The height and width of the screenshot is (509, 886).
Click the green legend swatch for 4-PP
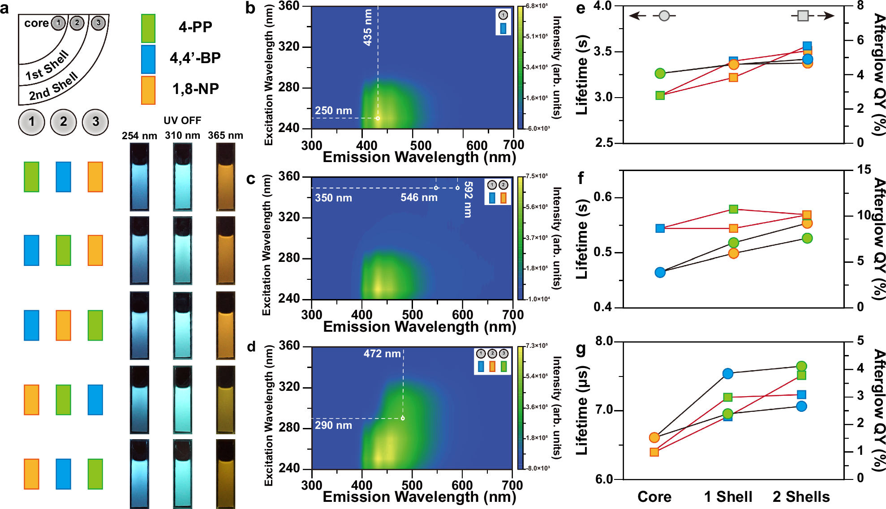pyautogui.click(x=148, y=28)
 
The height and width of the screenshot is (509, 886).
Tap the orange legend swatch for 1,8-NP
pyautogui.click(x=148, y=90)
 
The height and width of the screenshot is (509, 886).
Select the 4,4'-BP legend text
pyautogui.click(x=195, y=58)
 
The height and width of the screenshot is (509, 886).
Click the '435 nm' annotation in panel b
pyautogui.click(x=368, y=27)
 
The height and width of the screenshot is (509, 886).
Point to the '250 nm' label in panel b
pyautogui.click(x=333, y=110)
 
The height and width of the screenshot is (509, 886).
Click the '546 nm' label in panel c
pyautogui.click(x=419, y=197)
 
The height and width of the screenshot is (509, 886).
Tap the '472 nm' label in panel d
pyautogui.click(x=382, y=354)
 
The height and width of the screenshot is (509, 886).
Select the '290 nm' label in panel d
pyautogui.click(x=333, y=425)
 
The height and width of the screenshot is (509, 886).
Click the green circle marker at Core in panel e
pyautogui.click(x=660, y=73)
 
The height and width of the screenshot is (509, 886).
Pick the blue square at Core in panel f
pyautogui.click(x=660, y=228)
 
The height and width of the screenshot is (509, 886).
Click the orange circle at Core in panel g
pyautogui.click(x=654, y=437)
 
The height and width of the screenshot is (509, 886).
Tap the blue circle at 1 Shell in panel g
pyautogui.click(x=728, y=373)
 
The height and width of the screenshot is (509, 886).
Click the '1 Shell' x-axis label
pyautogui.click(x=728, y=496)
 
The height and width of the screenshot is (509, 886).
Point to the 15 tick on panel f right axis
pyautogui.click(x=864, y=170)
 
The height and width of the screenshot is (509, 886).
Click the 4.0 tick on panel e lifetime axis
pyautogui.click(x=602, y=6)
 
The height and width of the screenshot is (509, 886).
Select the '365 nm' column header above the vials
pyautogui.click(x=225, y=135)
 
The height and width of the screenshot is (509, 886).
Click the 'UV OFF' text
pyautogui.click(x=182, y=120)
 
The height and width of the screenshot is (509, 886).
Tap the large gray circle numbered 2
pyautogui.click(x=63, y=122)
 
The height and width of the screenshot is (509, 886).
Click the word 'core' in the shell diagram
pyautogui.click(x=36, y=23)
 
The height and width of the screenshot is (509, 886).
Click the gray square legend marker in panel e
pyautogui.click(x=803, y=16)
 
